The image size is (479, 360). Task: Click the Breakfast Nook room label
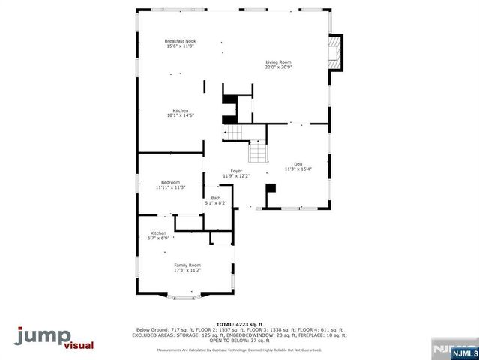181,41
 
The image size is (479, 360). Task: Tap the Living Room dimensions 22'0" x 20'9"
277,67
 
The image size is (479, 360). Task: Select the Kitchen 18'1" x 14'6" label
180,115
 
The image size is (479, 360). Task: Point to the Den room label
297,164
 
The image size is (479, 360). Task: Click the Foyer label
235,171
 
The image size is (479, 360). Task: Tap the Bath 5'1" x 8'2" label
215,200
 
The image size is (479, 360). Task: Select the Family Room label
187,265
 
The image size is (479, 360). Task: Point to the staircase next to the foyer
257,153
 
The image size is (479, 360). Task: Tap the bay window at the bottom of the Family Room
187,298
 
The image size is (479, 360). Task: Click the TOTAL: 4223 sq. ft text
239,324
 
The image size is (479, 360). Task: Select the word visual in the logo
83,346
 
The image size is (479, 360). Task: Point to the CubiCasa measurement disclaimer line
239,349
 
